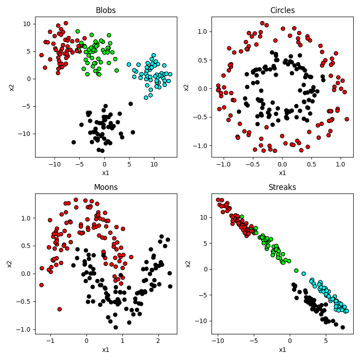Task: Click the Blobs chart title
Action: pyautogui.click(x=106, y=10)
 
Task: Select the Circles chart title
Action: pyautogui.click(x=282, y=10)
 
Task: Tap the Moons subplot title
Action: pyautogui.click(x=106, y=187)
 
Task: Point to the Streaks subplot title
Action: pyautogui.click(x=282, y=187)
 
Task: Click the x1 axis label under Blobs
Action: pyautogui.click(x=106, y=173)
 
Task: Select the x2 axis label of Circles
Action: pyautogui.click(x=186, y=87)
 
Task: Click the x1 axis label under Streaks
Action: pyautogui.click(x=282, y=350)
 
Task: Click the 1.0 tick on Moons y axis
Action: pyautogui.click(x=27, y=218)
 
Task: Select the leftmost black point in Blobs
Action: pyautogui.click(x=74, y=142)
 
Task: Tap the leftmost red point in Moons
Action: pyautogui.click(x=41, y=285)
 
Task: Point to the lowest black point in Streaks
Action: pyautogui.click(x=342, y=327)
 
